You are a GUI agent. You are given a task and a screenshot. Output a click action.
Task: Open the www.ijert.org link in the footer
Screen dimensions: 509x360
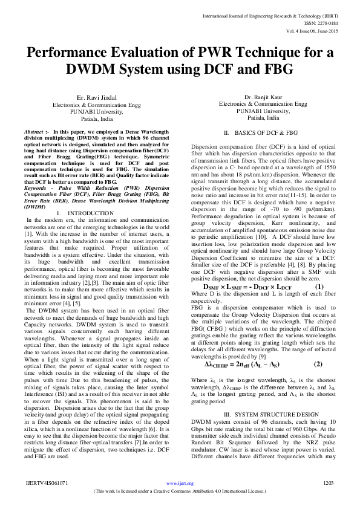179,483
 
